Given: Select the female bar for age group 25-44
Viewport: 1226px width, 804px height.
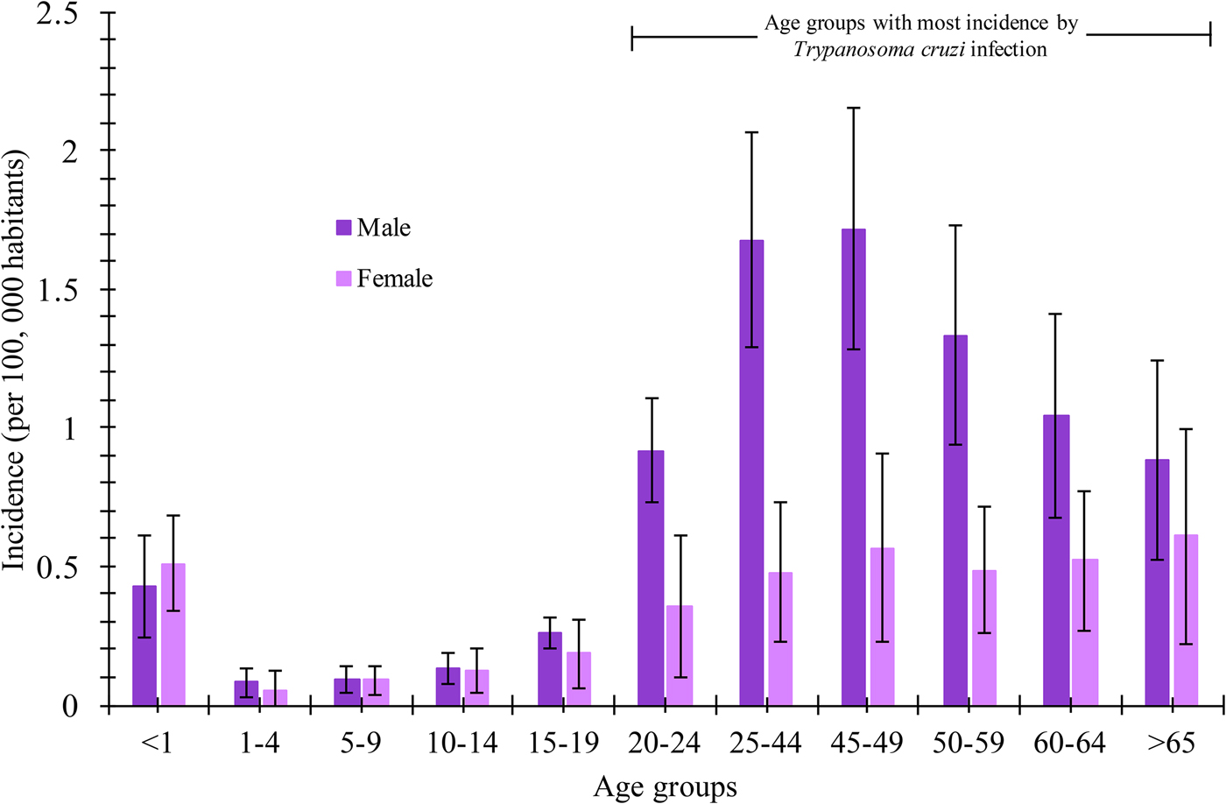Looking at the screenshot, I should [x=780, y=638].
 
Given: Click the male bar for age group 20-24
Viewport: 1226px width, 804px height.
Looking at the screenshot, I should [x=651, y=578].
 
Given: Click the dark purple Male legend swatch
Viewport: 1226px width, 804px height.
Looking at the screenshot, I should [x=343, y=228].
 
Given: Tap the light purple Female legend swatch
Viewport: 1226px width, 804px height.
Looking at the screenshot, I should [x=343, y=279].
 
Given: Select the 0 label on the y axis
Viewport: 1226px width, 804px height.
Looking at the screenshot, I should [x=70, y=707].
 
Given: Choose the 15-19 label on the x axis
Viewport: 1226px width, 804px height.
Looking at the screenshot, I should [x=563, y=744].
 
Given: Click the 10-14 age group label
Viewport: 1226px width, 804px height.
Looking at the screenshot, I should [x=462, y=744].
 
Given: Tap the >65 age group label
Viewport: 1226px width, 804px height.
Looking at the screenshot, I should [x=1171, y=744].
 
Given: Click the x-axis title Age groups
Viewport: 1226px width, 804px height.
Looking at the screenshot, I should [x=665, y=786].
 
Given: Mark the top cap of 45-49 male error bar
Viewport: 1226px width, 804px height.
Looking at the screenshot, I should [x=853, y=108].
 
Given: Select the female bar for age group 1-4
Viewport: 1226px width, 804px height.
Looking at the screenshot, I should [x=275, y=697].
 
